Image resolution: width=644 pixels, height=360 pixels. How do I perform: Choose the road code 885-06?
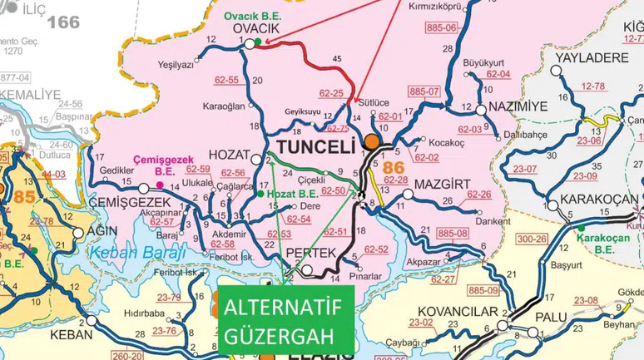(x=442, y=28)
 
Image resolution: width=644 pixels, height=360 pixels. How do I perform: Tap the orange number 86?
(x=394, y=167)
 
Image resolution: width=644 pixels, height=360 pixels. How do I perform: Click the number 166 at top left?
(x=63, y=22)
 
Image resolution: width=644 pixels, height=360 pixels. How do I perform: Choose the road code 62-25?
(x=332, y=93)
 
